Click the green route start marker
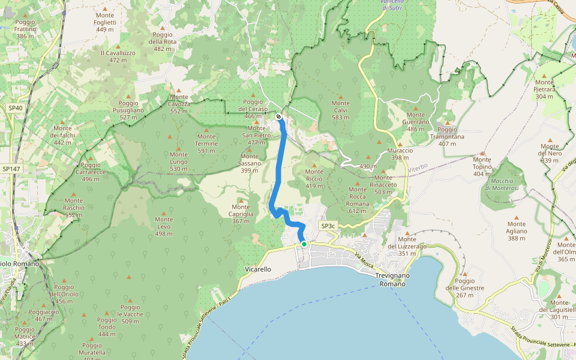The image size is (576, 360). point(304,244)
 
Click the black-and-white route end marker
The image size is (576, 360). point(279,116)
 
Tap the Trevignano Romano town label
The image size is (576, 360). point(391,279)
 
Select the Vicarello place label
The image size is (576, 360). point(259,269)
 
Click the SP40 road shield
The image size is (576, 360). point(16,108)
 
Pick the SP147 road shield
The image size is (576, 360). point(10,170)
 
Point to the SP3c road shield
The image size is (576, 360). point(328,226)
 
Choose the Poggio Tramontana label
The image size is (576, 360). point(447,133)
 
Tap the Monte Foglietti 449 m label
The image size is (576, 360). point(104,22)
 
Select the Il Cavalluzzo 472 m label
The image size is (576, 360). point(118,56)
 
